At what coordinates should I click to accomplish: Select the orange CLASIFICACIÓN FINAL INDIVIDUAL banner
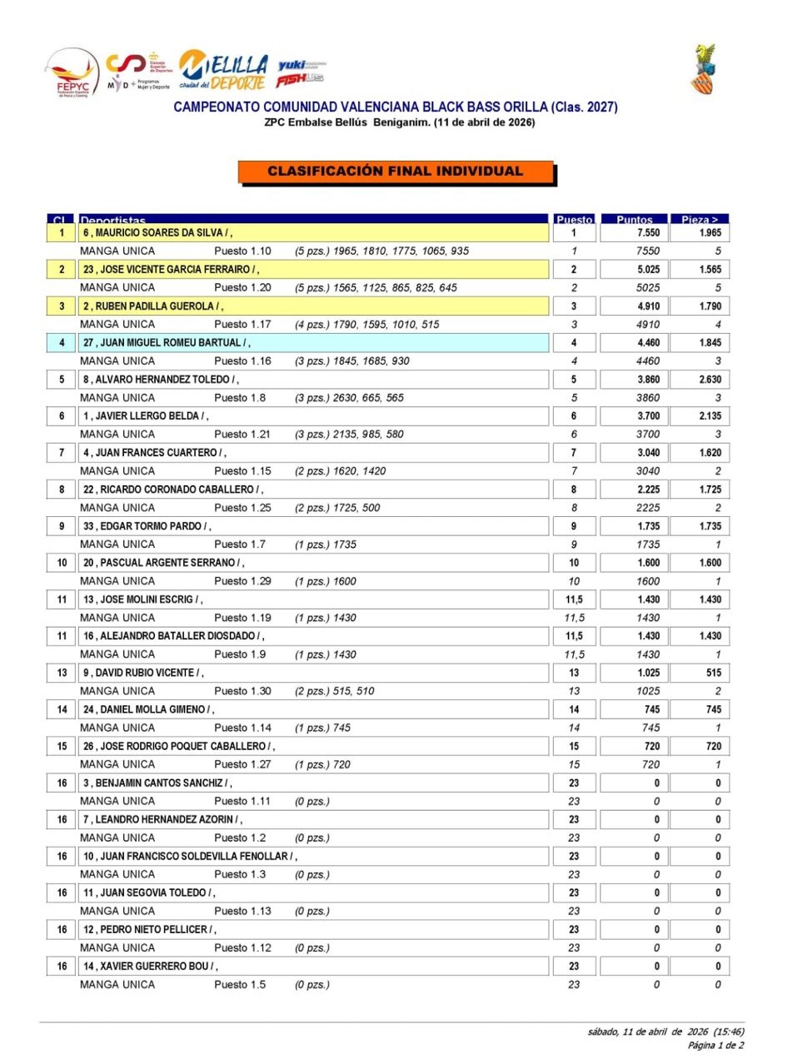[x=395, y=172]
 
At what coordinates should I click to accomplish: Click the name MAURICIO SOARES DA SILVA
[x=157, y=233]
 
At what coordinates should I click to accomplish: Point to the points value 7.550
[x=646, y=233]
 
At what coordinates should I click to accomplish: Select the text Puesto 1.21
[x=243, y=435]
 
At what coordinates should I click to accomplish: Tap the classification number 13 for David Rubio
[x=62, y=674]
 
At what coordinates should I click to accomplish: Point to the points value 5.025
[x=646, y=270]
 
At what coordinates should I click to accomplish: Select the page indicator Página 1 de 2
[x=716, y=1045]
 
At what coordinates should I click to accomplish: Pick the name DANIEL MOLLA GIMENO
[x=149, y=710]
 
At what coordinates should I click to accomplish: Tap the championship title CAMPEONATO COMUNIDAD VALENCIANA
[x=395, y=107]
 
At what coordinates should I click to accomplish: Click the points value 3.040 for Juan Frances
[x=646, y=454]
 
